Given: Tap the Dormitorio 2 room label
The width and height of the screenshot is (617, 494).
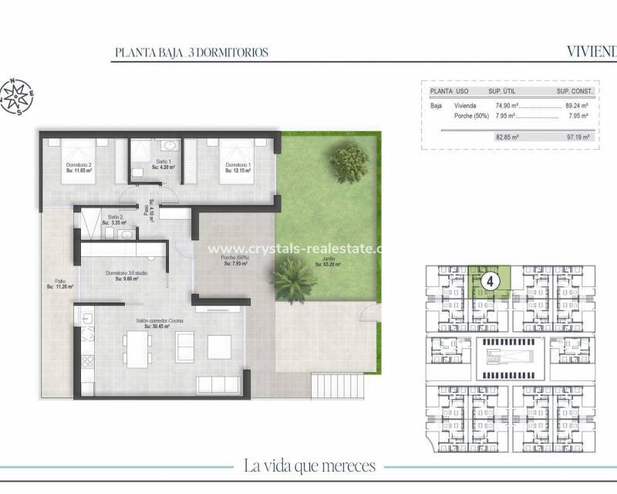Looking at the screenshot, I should tap(79, 167).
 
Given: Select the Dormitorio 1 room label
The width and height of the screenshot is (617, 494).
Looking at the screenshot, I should tap(238, 167).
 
